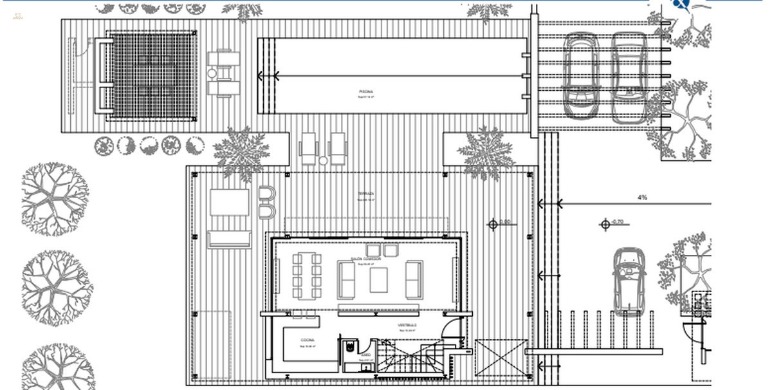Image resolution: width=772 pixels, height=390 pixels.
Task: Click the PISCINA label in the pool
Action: [x=366, y=92]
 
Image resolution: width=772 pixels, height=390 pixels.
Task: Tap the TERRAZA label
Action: [x=366, y=193]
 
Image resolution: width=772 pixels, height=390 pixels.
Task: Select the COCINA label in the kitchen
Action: [x=308, y=340]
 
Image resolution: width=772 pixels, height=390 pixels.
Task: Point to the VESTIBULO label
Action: [x=407, y=326]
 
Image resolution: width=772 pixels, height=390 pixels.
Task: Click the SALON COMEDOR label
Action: [x=365, y=259]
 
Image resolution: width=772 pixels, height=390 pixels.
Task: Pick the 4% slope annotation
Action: [x=642, y=198]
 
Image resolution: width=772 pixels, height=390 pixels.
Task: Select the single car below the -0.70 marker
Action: [x=629, y=281]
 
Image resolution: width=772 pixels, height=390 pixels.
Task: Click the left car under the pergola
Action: [x=581, y=75]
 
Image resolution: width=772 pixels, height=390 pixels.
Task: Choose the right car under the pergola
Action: [x=629, y=77]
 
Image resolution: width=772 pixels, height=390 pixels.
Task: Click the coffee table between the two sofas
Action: [x=378, y=280]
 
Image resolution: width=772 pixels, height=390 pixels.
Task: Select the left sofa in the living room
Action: [x=347, y=280]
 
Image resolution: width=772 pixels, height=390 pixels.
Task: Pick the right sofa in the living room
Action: [x=414, y=280]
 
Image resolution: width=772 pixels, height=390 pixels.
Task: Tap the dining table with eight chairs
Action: [x=307, y=275]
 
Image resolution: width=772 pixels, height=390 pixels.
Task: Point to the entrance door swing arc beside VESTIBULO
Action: [x=454, y=325]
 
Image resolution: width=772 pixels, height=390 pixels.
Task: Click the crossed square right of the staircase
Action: [x=501, y=358]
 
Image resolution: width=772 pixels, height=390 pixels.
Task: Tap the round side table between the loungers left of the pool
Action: [x=212, y=74]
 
